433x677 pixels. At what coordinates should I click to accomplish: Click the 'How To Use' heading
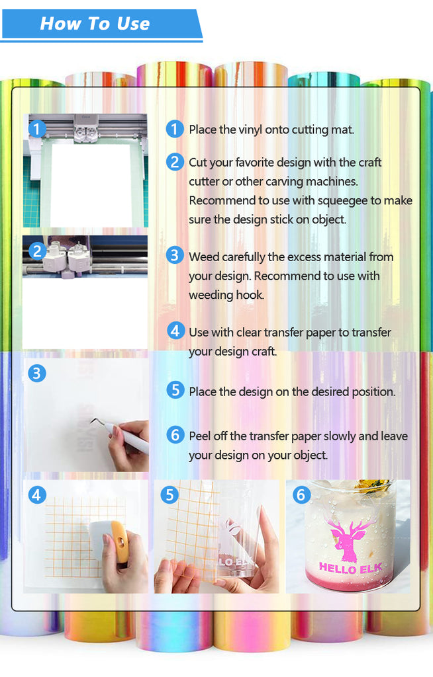point(95,23)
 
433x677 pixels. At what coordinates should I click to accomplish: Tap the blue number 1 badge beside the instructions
point(175,129)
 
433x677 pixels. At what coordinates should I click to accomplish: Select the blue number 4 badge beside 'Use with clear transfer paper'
point(175,331)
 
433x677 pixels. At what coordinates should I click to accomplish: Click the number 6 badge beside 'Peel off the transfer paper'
point(175,435)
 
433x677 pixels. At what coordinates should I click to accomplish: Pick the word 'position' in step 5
point(373,392)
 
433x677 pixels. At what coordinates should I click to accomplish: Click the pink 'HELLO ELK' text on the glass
point(350,568)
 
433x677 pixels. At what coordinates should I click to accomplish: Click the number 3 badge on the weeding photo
point(37,374)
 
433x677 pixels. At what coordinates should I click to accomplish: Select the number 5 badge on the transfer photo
point(169,495)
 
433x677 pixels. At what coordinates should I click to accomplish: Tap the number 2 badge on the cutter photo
point(37,251)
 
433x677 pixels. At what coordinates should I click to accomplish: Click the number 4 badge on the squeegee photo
point(37,495)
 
